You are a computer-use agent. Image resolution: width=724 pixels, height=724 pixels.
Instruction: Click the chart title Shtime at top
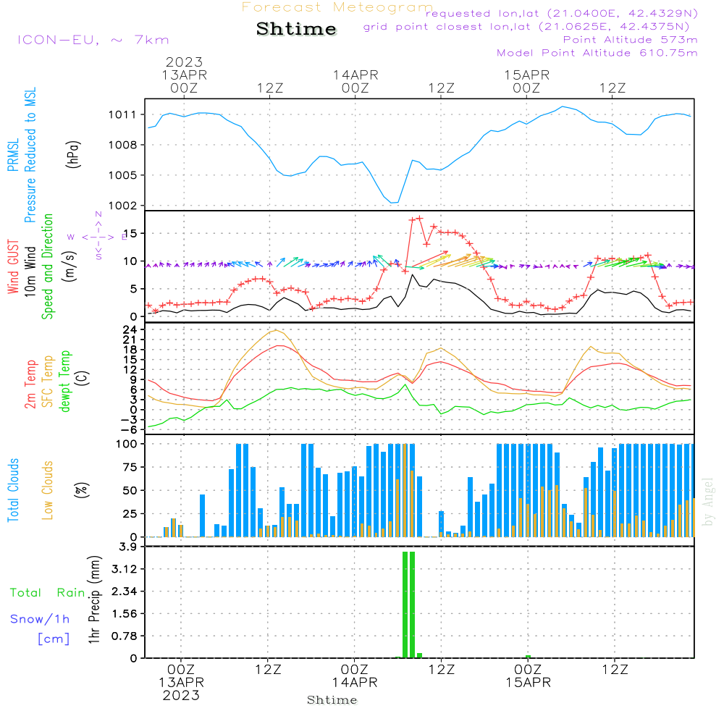[297, 29]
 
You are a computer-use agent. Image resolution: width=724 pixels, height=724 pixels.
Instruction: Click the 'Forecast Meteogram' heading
[337, 7]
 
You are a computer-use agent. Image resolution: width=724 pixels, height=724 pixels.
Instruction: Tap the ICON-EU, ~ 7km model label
[93, 40]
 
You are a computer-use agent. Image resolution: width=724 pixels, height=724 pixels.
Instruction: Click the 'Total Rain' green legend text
[47, 593]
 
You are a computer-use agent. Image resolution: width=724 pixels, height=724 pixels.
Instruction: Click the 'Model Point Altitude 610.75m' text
[597, 53]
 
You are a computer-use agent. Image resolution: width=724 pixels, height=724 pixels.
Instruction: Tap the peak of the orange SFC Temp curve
[275, 330]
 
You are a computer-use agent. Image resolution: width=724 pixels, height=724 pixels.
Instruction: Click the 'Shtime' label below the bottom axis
[332, 700]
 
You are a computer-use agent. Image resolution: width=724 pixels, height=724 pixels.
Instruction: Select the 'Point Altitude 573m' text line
[630, 40]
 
